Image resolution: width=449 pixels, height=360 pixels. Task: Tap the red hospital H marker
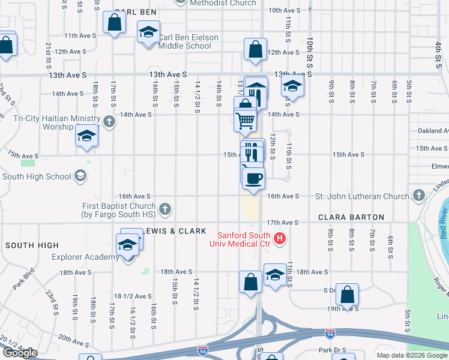pos(279,239)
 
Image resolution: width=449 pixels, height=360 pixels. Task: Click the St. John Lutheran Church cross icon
pos(418,196)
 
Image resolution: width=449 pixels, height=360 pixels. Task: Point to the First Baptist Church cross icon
pos(165,209)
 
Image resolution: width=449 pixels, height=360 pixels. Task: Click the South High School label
pos(37,176)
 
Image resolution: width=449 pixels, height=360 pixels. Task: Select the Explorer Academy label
pos(86,257)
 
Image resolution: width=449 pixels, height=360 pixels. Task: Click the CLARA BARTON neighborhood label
pos(351,217)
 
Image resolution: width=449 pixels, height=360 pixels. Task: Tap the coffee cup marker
pos(253,178)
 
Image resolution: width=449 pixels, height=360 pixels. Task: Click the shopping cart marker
pos(245,121)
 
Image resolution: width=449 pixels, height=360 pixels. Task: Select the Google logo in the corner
pos(20,353)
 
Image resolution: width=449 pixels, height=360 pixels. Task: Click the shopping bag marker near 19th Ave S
pos(347,295)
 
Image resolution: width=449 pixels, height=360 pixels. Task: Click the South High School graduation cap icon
pos(80,176)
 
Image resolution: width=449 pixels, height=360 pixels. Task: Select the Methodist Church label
pos(223,3)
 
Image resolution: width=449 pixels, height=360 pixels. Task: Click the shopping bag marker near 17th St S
pos(114,23)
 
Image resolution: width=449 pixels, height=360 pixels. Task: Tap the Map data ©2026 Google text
pos(412,355)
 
